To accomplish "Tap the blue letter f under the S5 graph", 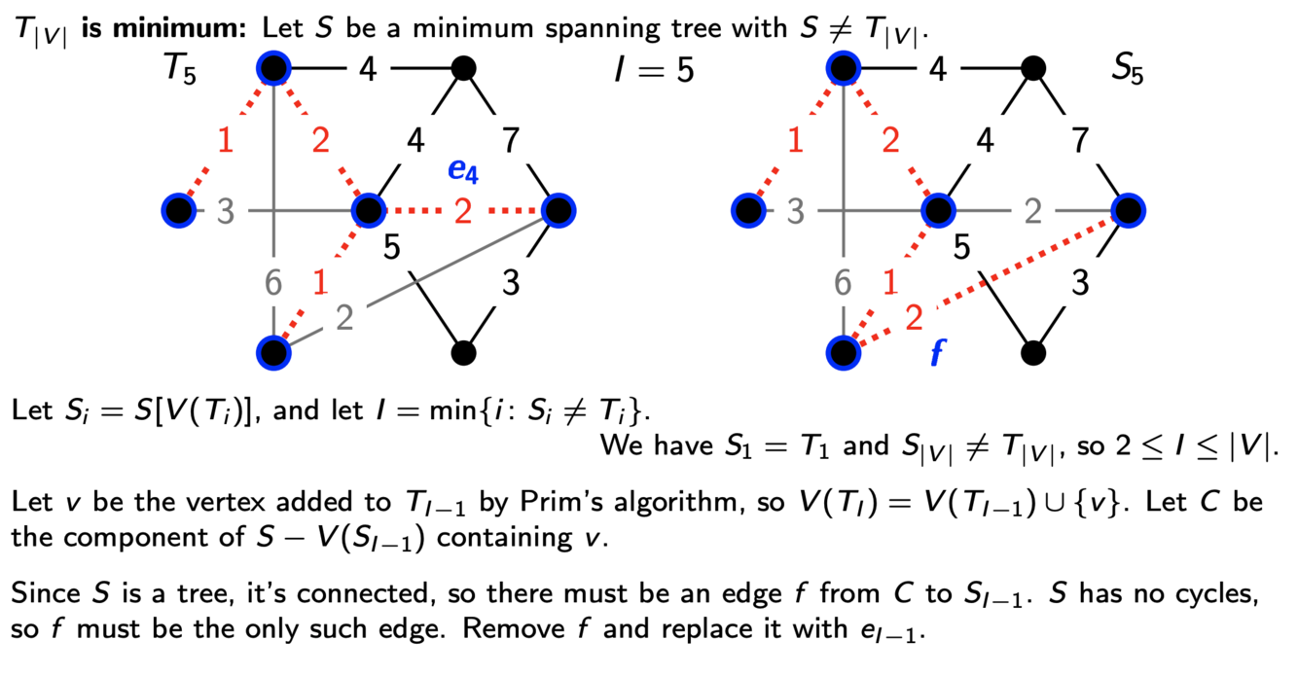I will (937, 352).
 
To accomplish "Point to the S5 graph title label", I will (1128, 71).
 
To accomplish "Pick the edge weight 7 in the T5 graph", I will (510, 141).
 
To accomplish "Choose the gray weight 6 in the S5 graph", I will (843, 283).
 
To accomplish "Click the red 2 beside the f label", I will (914, 318).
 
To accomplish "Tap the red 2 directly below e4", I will (463, 210).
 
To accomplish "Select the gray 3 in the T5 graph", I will (226, 210).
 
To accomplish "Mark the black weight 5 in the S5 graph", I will (961, 247).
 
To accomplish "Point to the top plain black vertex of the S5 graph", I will (1033, 68).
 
